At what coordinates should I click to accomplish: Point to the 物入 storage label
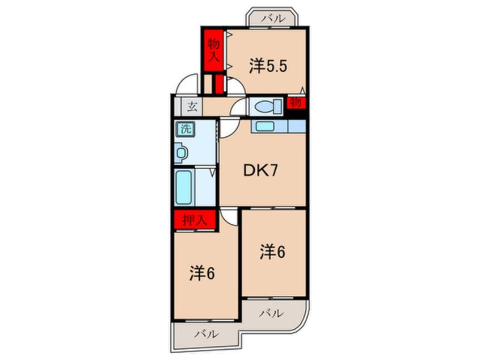tap(213, 49)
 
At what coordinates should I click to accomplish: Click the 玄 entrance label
tap(192, 106)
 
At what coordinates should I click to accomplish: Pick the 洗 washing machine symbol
tap(186, 128)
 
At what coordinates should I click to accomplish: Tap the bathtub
tap(185, 186)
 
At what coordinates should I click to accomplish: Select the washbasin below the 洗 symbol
tap(182, 152)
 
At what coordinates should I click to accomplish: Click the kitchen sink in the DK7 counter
tap(264, 126)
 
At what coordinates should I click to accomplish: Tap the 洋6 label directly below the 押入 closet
tap(201, 273)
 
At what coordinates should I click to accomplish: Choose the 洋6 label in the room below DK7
tap(272, 252)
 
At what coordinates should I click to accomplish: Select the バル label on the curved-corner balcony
tap(272, 312)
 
